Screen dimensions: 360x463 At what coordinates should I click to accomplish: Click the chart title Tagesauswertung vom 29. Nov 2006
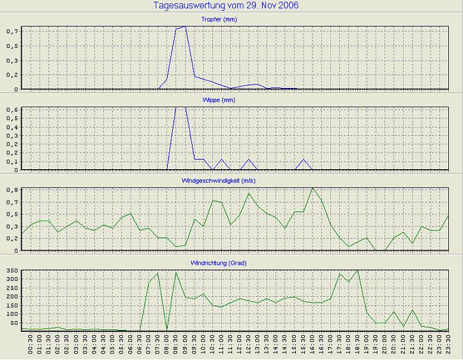(226, 6)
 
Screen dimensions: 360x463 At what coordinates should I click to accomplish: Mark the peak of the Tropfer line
(185, 27)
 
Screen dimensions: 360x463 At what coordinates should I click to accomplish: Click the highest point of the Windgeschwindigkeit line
(312, 188)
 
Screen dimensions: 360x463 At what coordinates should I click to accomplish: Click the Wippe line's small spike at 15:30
(304, 160)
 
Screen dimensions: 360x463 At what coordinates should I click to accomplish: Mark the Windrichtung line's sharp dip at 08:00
(167, 329)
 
